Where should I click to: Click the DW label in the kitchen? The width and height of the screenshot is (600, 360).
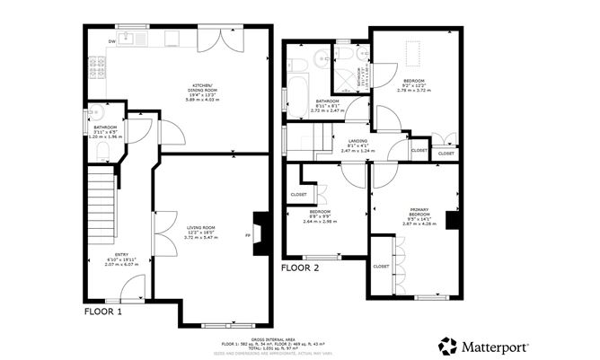(112, 41)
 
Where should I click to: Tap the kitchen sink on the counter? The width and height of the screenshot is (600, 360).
(139, 39)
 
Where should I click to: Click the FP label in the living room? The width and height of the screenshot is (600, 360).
(248, 236)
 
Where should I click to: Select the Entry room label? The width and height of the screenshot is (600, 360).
(118, 260)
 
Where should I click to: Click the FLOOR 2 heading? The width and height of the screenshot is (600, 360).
(299, 268)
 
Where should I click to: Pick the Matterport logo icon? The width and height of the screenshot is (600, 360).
(446, 346)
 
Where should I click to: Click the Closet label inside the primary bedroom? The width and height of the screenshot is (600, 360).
(381, 266)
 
